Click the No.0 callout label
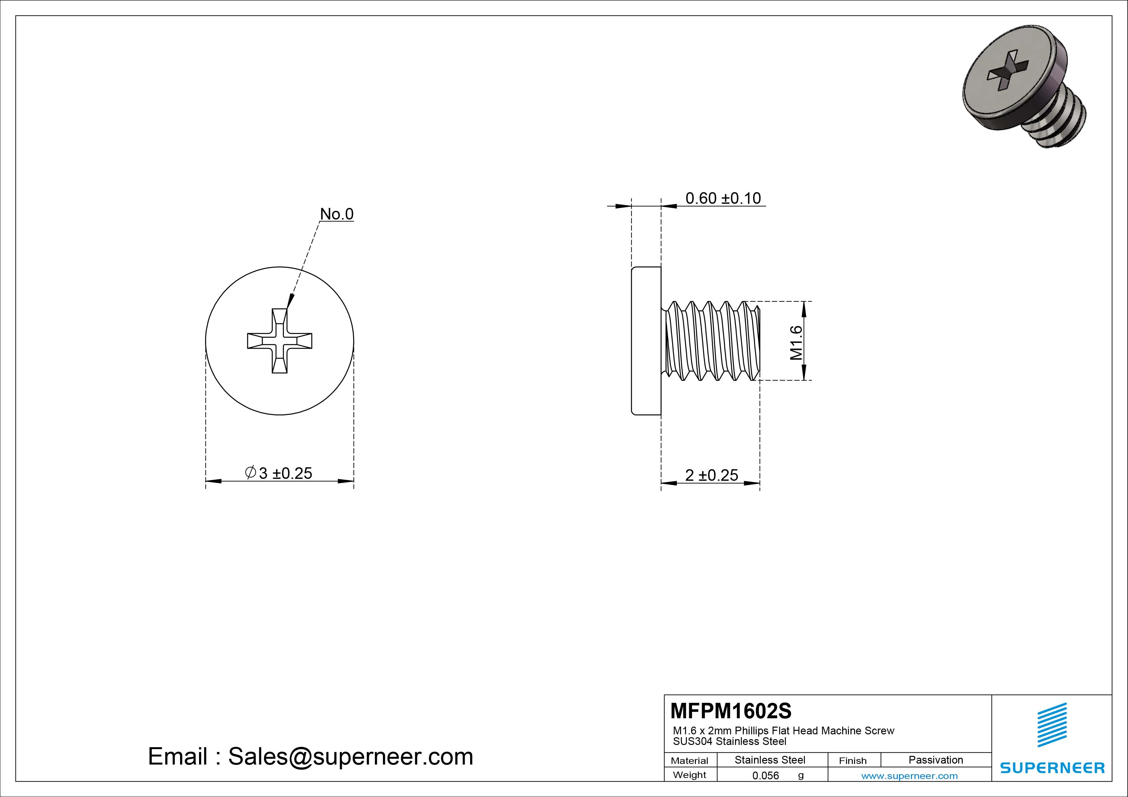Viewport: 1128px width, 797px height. (x=337, y=214)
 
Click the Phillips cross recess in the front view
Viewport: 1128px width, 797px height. (x=279, y=341)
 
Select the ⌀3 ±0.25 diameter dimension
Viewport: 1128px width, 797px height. (x=278, y=473)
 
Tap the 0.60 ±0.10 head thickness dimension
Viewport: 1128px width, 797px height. (x=723, y=198)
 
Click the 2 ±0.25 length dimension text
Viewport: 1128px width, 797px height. (x=711, y=475)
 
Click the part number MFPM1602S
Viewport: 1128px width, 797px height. (x=731, y=711)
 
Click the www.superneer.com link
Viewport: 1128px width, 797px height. (x=909, y=776)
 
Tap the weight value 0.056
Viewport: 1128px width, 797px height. (x=765, y=776)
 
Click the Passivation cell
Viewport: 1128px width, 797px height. (x=935, y=760)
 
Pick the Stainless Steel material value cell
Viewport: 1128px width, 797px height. (x=769, y=760)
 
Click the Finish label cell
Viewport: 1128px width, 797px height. (x=852, y=761)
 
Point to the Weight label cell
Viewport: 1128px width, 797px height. (x=689, y=775)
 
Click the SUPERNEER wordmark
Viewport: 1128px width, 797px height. (x=1052, y=767)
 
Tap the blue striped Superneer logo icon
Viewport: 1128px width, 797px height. (x=1052, y=725)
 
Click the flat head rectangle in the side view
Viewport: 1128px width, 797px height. (x=646, y=341)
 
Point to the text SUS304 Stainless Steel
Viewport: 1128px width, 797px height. (x=730, y=741)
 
